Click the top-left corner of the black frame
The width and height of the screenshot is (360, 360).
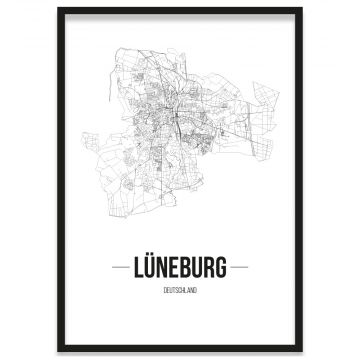pos(59,9)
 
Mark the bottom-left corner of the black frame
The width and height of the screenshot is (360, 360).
pos(59,352)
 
